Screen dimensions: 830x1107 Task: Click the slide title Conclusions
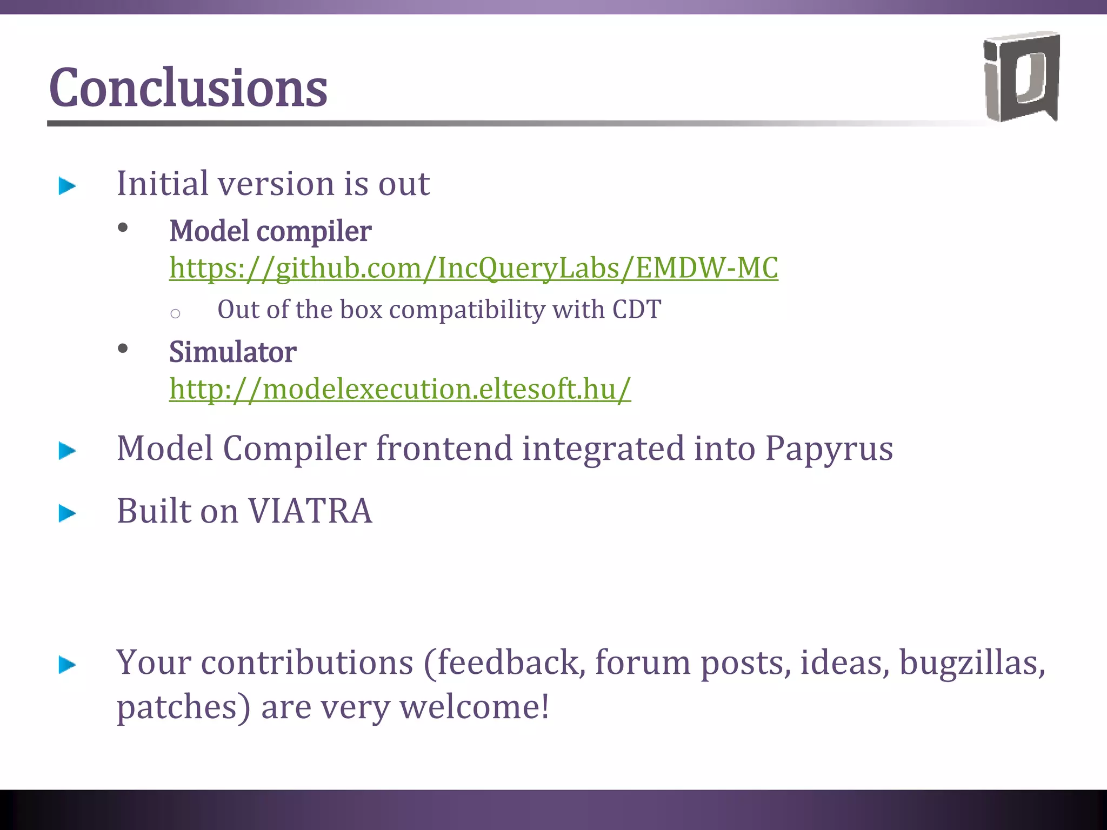tap(188, 88)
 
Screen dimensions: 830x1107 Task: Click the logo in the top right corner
tap(1021, 77)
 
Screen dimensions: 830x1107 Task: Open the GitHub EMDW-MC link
tap(474, 268)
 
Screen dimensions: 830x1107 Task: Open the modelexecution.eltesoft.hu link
tap(400, 389)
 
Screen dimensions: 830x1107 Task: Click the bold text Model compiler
tap(270, 231)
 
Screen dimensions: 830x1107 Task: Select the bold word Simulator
tap(232, 352)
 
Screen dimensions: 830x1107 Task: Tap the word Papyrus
tap(829, 449)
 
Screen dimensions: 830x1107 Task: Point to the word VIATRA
tap(310, 511)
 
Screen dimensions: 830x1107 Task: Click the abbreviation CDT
tap(636, 310)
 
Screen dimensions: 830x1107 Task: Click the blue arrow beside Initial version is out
tap(68, 186)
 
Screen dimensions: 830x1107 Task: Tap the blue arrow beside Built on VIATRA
tap(68, 513)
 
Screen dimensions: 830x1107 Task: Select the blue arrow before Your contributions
tap(68, 665)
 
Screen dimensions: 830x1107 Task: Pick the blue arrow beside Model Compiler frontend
tap(68, 451)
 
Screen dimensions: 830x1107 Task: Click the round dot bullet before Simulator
tap(123, 349)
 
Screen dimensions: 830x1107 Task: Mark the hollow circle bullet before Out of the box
tap(175, 313)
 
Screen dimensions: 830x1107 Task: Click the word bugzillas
tap(971, 662)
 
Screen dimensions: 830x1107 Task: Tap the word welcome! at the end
tap(475, 707)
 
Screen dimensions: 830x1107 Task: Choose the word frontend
tap(444, 449)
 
